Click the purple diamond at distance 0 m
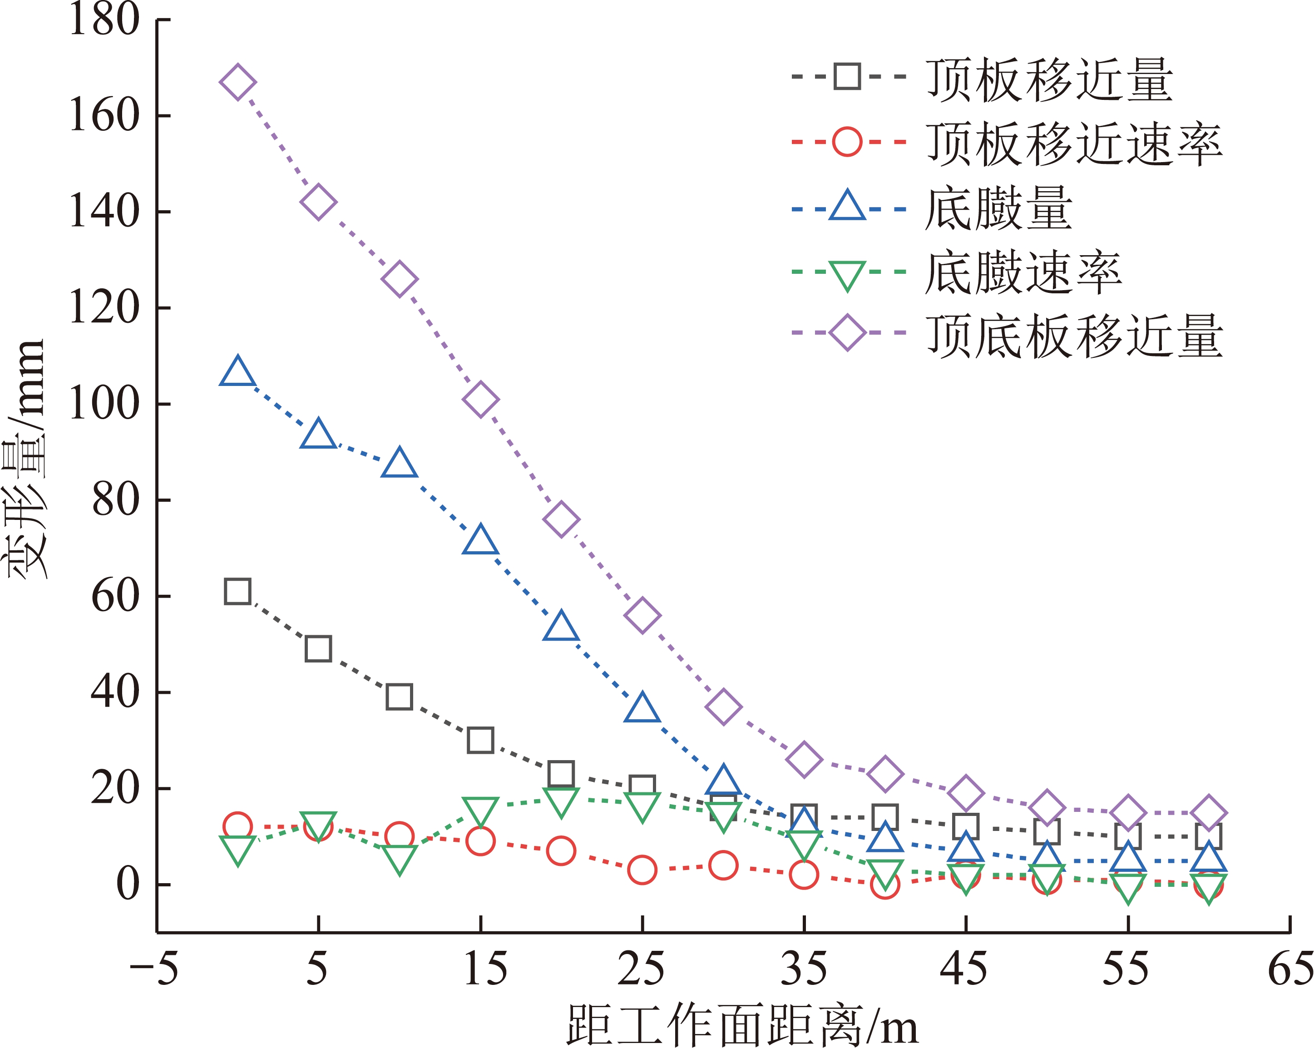click(237, 82)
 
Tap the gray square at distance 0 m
click(237, 591)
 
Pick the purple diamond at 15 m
click(480, 400)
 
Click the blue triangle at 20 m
click(561, 627)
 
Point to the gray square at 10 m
click(399, 697)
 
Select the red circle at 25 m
click(642, 870)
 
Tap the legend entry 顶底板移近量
click(1074, 336)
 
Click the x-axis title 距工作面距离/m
click(742, 1025)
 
